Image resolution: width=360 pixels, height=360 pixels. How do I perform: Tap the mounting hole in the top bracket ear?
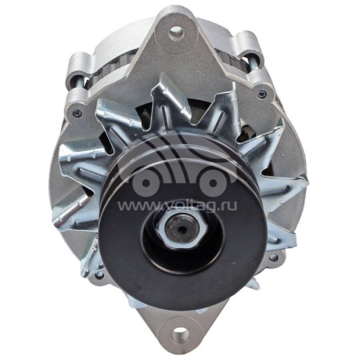pyautogui.click(x=177, y=31)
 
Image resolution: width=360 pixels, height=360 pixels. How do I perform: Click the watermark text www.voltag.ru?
pyautogui.click(x=177, y=206)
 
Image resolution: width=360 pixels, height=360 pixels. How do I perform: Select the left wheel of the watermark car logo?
pyautogui.click(x=146, y=183)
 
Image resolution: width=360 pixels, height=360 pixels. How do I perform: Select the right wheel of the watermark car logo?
pyautogui.click(x=213, y=183)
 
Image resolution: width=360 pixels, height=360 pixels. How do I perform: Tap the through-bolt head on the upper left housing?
pyautogui.click(x=76, y=113)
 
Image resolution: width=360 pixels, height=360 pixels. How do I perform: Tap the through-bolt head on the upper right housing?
pyautogui.click(x=261, y=94)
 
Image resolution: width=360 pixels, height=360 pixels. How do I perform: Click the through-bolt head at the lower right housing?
pyautogui.click(x=273, y=257)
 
